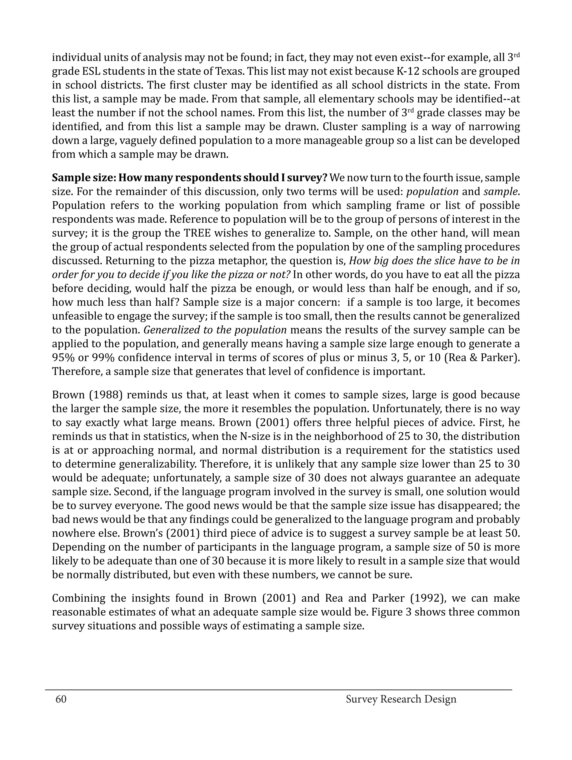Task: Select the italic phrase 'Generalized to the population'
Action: click(215, 330)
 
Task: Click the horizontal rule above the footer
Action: click(278, 689)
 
